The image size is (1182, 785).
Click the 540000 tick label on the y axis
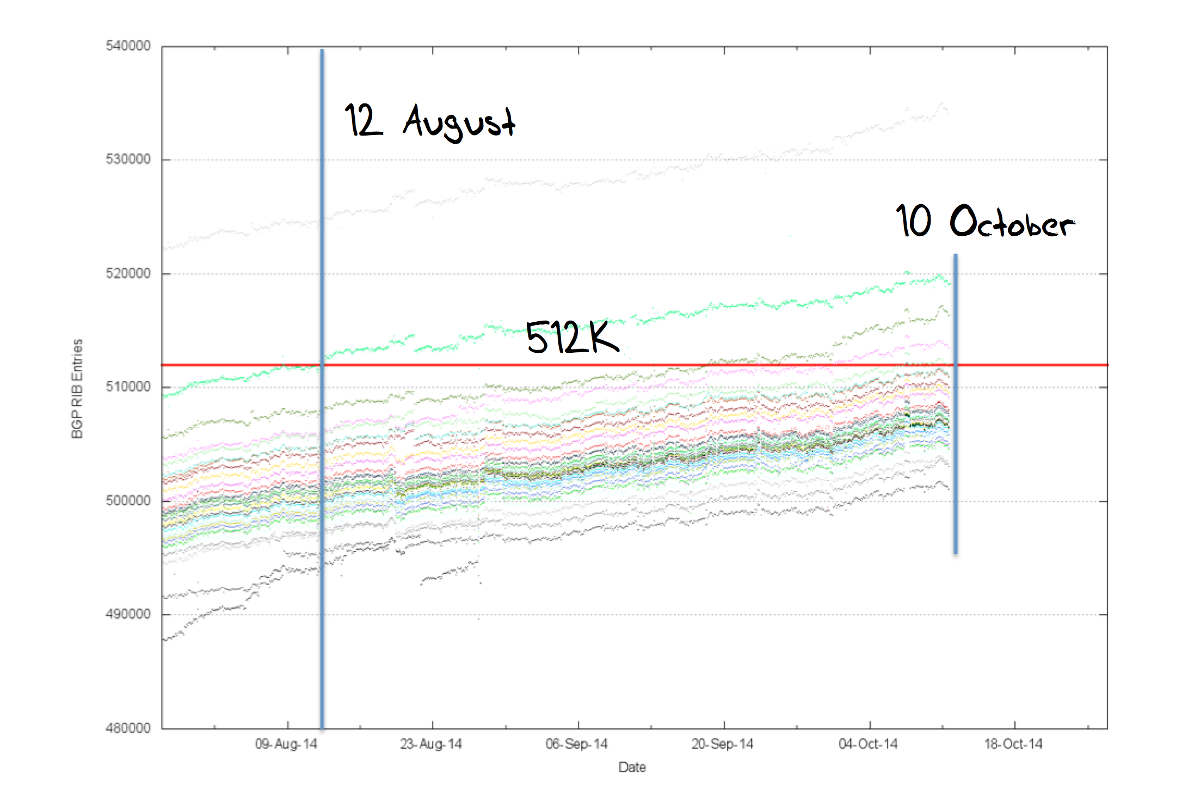[128, 46]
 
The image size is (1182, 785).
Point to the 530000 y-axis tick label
[128, 160]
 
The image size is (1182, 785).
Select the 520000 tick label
[128, 273]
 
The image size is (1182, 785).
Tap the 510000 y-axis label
[128, 387]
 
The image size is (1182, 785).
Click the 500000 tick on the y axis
[128, 501]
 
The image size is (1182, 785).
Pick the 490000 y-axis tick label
[128, 614]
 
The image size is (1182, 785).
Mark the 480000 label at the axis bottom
[128, 728]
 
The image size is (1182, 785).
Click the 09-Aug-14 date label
[286, 744]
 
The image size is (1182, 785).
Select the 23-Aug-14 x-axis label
[431, 744]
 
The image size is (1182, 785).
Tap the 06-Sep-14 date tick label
[577, 744]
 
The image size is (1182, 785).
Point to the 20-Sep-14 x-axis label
[723, 744]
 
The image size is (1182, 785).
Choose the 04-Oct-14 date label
[868, 744]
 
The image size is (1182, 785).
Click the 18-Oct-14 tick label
[1013, 744]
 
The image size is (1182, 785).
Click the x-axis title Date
[632, 768]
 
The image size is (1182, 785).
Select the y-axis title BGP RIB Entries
[77, 388]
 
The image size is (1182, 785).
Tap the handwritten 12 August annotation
[430, 122]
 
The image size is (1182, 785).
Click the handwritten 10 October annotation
[985, 222]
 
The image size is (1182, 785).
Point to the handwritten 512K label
[572, 338]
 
